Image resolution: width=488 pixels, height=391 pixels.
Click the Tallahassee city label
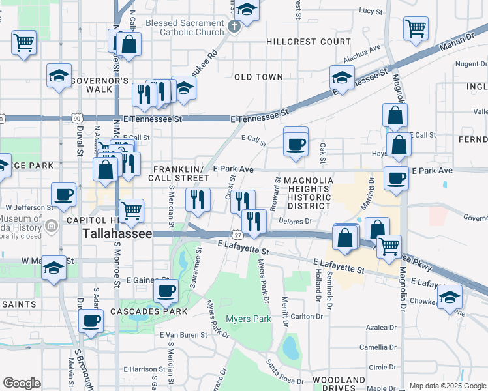(117, 233)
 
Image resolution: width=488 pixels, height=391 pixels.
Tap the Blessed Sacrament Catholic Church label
(185, 27)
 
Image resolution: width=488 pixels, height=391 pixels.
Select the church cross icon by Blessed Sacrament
(234, 27)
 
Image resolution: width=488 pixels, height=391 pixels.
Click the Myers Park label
(248, 319)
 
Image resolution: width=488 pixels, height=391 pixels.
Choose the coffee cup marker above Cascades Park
(166, 290)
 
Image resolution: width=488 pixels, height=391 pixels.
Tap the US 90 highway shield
(78, 119)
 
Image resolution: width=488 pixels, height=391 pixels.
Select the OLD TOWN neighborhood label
(258, 77)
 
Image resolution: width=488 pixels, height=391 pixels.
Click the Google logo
(22, 383)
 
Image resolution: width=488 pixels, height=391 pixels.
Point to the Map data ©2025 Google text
(448, 386)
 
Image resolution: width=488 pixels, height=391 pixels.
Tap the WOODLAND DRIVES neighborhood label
(339, 383)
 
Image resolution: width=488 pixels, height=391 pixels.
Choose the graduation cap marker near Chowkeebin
(450, 297)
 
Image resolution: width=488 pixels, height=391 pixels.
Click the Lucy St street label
(371, 11)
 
